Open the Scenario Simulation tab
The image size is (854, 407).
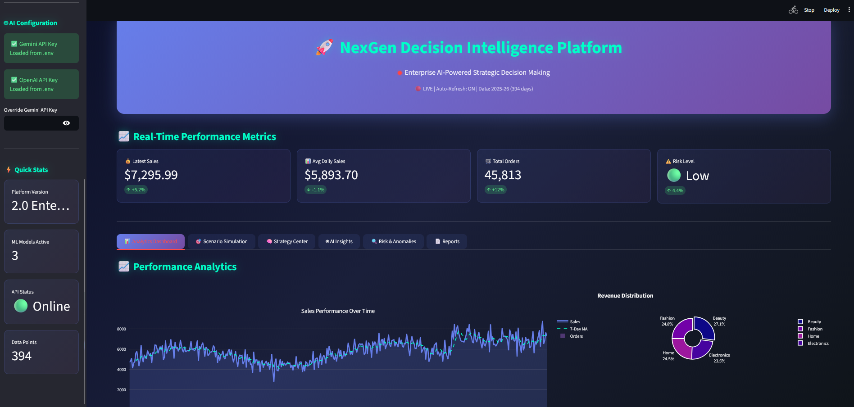[221, 242]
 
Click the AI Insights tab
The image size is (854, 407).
[339, 242]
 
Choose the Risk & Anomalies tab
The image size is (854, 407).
[393, 242]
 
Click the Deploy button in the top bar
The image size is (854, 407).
[831, 10]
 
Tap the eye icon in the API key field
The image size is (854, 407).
[66, 123]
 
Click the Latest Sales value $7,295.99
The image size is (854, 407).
[151, 175]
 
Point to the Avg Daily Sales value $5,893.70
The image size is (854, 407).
[331, 175]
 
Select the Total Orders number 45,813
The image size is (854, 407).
[503, 175]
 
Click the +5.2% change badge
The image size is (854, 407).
[136, 190]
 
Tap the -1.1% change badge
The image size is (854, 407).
[316, 190]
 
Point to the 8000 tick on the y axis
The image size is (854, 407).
[122, 329]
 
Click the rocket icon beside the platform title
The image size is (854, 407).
[325, 47]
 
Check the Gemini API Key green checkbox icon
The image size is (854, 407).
[14, 44]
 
